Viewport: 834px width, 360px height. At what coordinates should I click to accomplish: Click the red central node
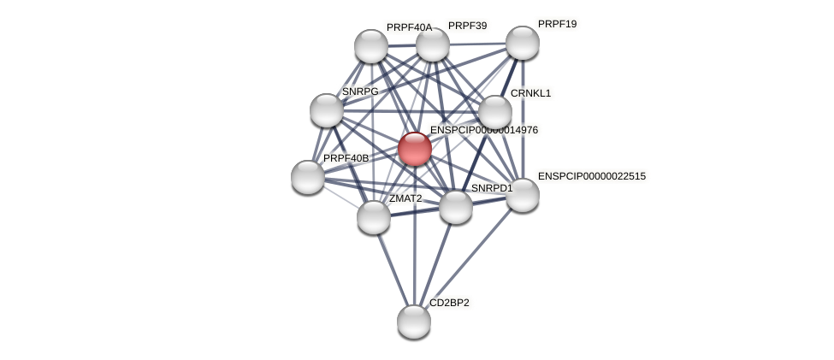[x=415, y=149]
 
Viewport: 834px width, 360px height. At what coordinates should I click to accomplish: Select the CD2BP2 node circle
[x=414, y=322]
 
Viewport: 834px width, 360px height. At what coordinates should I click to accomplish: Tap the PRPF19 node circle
[x=522, y=43]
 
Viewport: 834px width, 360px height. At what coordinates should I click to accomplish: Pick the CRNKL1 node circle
[x=494, y=112]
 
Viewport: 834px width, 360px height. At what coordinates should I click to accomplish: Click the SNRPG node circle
[x=327, y=110]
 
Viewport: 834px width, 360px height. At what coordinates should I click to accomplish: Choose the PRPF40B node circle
[x=308, y=177]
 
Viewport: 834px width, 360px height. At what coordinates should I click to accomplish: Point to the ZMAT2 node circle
[x=374, y=217]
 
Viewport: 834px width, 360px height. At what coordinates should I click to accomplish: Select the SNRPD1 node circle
[x=455, y=207]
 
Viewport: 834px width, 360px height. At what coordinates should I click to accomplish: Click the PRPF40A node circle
[x=371, y=46]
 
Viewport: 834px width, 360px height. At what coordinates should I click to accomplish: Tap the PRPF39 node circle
[x=433, y=44]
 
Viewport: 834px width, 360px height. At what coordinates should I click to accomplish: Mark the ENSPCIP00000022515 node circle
[x=522, y=195]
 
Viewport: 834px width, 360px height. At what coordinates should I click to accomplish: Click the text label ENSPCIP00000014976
[x=484, y=130]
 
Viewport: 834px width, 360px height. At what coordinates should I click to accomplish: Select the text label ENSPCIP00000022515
[x=592, y=176]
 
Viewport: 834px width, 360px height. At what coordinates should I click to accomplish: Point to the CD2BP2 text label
[x=449, y=303]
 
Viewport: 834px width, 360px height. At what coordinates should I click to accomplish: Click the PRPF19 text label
[x=557, y=24]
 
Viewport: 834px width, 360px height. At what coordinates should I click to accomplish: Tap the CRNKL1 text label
[x=531, y=93]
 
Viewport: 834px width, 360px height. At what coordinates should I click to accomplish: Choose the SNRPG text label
[x=360, y=91]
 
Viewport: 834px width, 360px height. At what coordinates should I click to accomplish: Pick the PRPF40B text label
[x=346, y=158]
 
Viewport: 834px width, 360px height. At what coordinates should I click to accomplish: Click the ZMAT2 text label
[x=405, y=198]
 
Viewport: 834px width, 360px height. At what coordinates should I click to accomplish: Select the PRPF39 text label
[x=467, y=26]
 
